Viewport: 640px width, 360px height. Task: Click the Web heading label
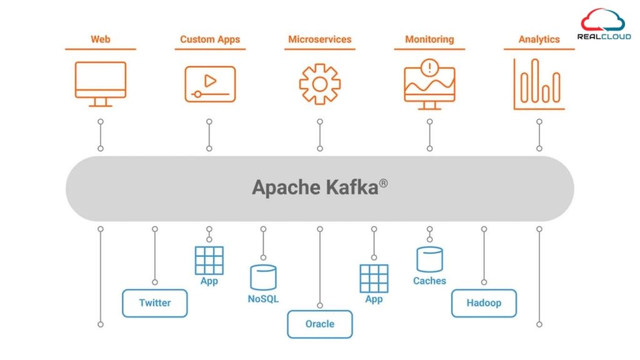tap(100, 39)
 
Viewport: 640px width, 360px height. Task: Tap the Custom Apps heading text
tap(210, 39)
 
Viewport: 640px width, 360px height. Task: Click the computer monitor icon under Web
tap(100, 84)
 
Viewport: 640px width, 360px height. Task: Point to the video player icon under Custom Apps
tap(210, 84)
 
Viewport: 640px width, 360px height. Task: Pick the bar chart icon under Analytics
tap(539, 84)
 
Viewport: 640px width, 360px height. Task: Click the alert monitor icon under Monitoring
tap(429, 84)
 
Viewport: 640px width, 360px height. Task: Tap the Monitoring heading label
tap(429, 39)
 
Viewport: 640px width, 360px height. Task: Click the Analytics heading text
tap(539, 39)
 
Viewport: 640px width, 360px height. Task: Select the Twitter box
tap(154, 303)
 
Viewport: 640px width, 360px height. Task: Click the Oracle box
tap(319, 324)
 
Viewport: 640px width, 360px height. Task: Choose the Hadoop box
tap(484, 303)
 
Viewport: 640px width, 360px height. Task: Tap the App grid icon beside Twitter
tap(209, 261)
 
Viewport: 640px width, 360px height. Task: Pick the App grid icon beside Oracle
tap(374, 278)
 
